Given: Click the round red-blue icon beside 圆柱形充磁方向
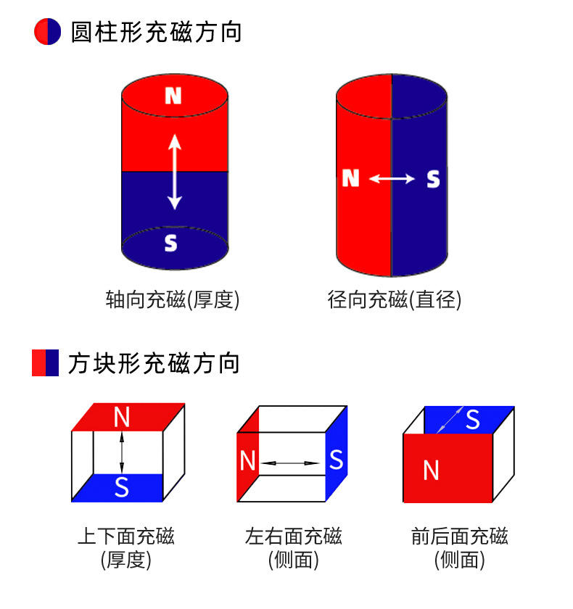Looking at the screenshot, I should tap(48, 33).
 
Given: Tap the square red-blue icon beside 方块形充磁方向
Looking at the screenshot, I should tap(45, 362).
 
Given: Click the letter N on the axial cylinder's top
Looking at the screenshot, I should tap(173, 96).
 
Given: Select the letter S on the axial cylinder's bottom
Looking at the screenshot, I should tap(171, 243).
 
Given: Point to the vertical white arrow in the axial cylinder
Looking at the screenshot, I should tap(174, 173).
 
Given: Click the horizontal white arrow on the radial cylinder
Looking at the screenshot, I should tap(392, 178).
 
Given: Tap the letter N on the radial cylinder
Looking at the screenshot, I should tap(351, 178).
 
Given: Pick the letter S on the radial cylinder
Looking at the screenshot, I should tap(433, 178).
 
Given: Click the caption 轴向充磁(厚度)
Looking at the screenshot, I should tap(173, 300).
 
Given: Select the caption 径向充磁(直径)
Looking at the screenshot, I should tap(395, 300).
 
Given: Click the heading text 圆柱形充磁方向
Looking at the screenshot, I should tap(156, 33).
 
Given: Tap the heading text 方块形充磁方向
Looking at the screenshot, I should tap(154, 362).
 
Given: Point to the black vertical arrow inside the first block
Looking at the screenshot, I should tap(122, 452).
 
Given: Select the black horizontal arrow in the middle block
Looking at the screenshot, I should tap(290, 463).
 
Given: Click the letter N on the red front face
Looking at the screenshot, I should tap(431, 471).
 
